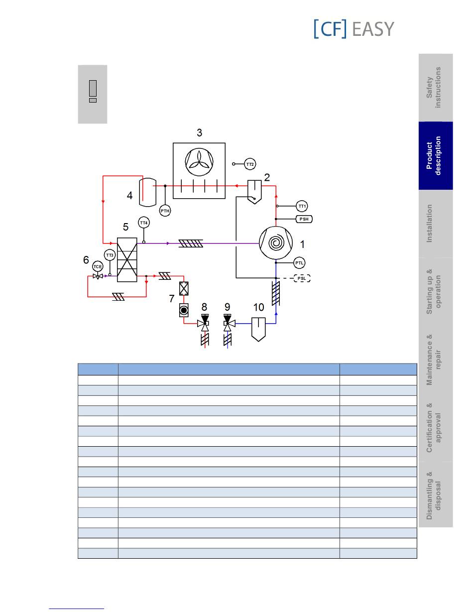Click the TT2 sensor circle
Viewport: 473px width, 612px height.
(x=250, y=164)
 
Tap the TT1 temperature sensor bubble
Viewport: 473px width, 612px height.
(x=302, y=206)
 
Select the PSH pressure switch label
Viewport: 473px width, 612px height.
(x=304, y=219)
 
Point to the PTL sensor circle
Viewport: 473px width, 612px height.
(x=299, y=263)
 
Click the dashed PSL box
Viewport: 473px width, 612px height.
(x=302, y=278)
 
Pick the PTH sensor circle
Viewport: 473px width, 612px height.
(x=165, y=211)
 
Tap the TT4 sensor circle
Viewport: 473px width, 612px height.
(x=143, y=223)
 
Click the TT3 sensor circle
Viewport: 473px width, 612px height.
(x=110, y=255)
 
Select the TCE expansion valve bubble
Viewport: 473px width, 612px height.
(x=98, y=266)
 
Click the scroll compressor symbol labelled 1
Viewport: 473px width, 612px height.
(x=276, y=243)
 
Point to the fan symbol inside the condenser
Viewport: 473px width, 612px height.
(x=199, y=162)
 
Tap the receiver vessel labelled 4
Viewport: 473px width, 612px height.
(x=148, y=192)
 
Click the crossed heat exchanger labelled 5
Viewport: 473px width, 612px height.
(x=127, y=259)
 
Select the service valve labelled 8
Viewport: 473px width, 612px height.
(x=205, y=323)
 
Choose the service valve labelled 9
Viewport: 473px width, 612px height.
(x=228, y=323)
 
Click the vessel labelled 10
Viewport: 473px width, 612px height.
(x=258, y=329)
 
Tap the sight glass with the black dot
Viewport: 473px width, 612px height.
(x=184, y=310)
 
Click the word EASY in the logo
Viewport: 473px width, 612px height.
(x=373, y=29)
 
